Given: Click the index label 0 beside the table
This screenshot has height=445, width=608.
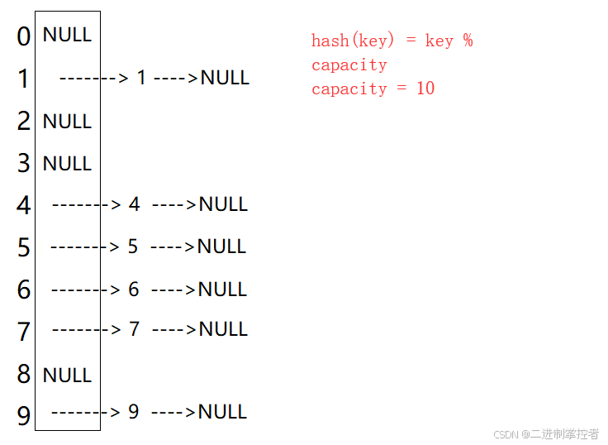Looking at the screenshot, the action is (x=23, y=36).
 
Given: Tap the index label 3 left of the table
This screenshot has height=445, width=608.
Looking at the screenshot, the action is (x=24, y=163).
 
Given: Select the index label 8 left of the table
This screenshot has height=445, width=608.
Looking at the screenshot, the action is (x=24, y=374).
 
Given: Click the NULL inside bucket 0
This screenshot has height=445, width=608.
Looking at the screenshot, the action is (x=67, y=35).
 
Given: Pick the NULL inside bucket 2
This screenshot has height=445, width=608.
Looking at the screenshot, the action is (x=67, y=121).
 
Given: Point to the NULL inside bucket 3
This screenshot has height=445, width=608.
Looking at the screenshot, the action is (x=67, y=163).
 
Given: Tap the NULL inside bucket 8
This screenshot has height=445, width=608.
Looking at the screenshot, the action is (x=67, y=375).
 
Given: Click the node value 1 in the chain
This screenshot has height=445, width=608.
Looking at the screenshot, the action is (x=141, y=77).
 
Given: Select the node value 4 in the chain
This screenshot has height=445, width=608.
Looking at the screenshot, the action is (x=134, y=203).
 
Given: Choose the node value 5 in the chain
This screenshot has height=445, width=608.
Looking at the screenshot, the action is (x=133, y=246).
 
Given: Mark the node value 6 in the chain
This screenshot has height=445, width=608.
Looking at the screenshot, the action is (x=134, y=289).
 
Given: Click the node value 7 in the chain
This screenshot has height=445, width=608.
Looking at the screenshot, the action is (x=134, y=329).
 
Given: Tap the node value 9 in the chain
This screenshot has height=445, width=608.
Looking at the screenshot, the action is (x=133, y=412).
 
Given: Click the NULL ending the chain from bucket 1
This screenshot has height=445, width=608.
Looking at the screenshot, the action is (x=225, y=78).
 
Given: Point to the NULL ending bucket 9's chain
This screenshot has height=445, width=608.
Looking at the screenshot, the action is (x=222, y=412).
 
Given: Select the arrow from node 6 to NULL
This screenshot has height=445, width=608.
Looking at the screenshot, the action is (x=173, y=289).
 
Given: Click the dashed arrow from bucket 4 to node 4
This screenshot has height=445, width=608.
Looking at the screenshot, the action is (x=87, y=204).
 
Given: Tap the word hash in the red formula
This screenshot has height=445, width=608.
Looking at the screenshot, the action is (x=330, y=41).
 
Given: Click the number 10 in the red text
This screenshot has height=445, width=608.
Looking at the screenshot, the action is (x=425, y=89).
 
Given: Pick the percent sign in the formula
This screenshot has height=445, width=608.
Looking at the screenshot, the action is (x=468, y=41).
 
